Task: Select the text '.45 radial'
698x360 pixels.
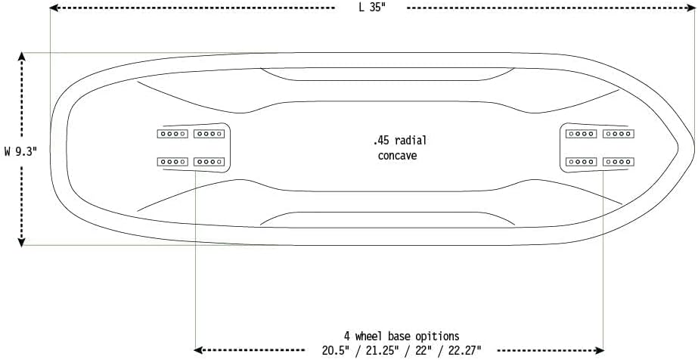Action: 400,141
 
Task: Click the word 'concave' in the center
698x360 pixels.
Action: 398,156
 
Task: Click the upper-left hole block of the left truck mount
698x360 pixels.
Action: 172,134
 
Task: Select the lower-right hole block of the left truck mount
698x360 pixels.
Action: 209,161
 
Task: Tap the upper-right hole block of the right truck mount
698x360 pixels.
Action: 617,134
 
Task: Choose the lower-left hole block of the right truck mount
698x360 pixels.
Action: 582,161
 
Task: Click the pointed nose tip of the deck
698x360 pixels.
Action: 693,147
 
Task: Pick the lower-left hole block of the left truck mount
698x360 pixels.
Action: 172,161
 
